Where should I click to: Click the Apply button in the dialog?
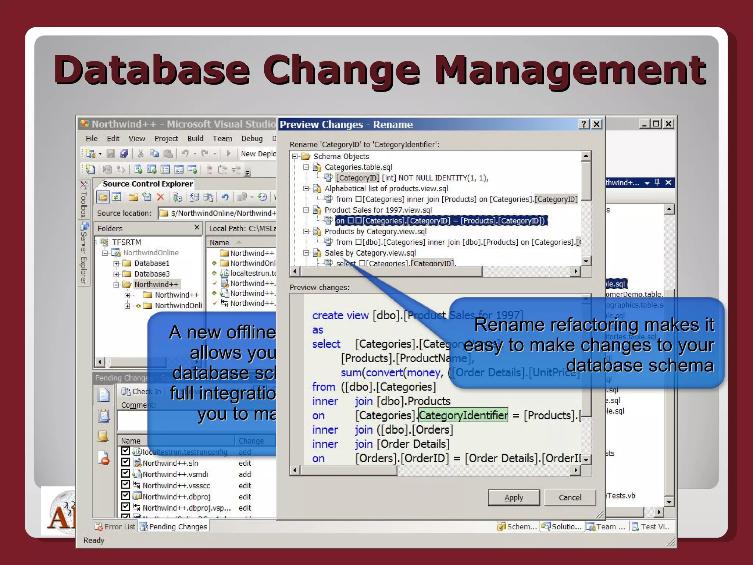(x=514, y=498)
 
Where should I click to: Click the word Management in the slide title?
(x=570, y=70)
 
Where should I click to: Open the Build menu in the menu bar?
(x=195, y=138)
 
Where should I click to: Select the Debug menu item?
(x=252, y=138)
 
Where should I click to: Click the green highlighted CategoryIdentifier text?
(x=463, y=415)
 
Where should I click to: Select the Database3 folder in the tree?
(x=151, y=274)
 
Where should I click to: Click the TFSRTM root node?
(x=126, y=242)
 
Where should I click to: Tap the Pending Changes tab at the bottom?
(x=178, y=527)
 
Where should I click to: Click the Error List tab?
(x=119, y=527)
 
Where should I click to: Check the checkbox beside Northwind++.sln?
(x=125, y=462)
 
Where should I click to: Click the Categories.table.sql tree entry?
(x=358, y=167)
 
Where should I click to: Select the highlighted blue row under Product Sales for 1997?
(x=441, y=221)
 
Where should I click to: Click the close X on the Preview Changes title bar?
(x=596, y=124)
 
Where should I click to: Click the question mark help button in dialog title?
(x=584, y=124)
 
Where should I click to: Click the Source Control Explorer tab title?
(x=147, y=184)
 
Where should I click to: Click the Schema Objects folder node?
(x=341, y=157)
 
